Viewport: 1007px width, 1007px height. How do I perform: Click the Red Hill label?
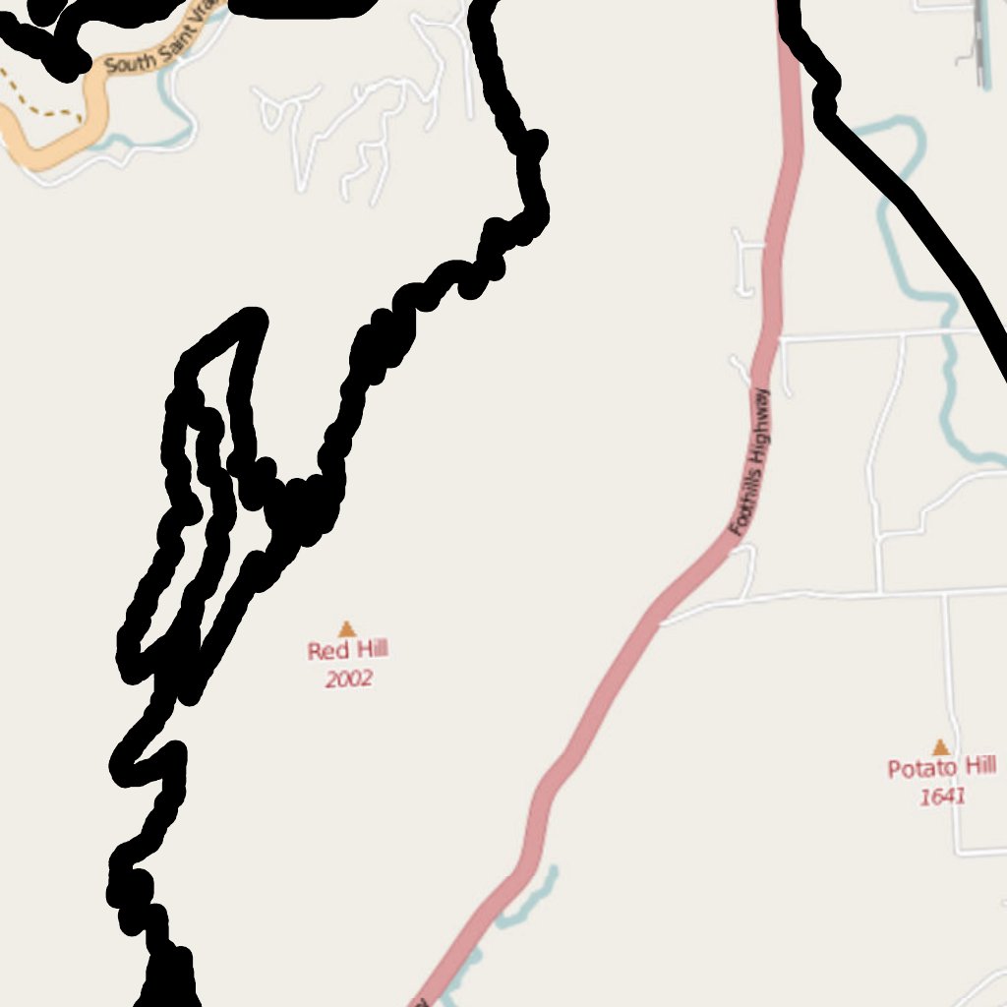click(x=347, y=650)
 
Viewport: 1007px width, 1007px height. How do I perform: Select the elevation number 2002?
click(x=348, y=679)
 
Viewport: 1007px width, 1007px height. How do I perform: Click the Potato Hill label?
click(x=941, y=768)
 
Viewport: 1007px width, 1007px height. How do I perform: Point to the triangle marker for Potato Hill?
click(x=941, y=747)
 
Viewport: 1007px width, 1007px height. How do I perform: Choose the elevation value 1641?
click(x=942, y=797)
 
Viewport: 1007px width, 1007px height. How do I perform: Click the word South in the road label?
click(x=126, y=63)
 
